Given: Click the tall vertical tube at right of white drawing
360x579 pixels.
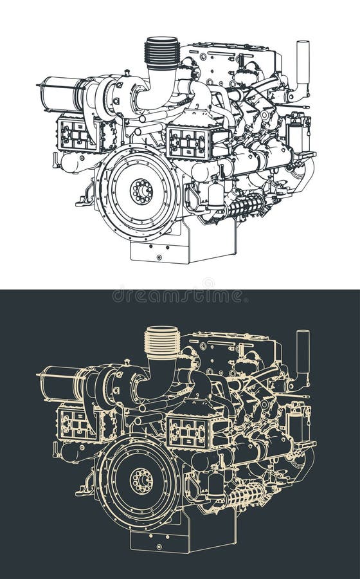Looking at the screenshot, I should [x=302, y=64].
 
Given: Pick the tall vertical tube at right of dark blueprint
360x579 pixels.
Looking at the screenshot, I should [x=302, y=354].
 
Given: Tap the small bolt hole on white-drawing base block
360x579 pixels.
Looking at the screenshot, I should [x=159, y=257].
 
